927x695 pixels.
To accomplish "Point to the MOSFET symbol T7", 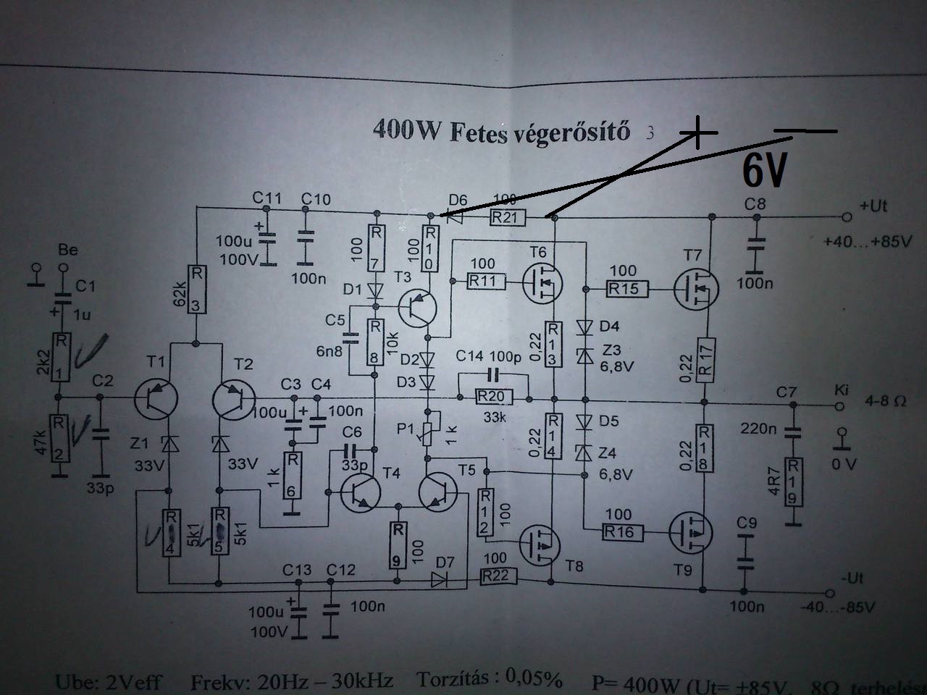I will point(695,288).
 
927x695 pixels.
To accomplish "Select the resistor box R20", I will point(492,397).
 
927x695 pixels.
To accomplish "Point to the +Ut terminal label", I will point(873,206).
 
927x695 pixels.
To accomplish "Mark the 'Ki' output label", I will point(841,390).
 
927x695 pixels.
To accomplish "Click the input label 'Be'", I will point(67,250).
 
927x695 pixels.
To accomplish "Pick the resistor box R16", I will point(619,532).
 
